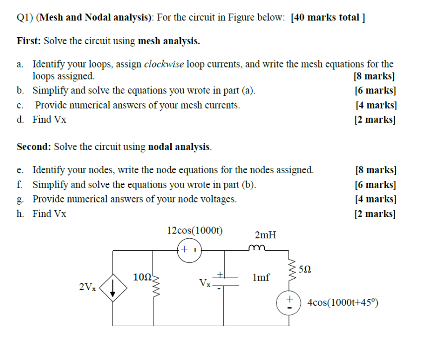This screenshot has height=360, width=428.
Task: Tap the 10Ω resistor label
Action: [x=142, y=277]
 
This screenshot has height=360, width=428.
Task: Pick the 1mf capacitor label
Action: [x=261, y=278]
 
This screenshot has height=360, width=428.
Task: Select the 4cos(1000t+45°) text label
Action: [x=343, y=302]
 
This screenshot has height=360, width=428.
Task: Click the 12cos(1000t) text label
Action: [x=195, y=230]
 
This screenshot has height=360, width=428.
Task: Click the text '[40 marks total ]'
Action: [x=329, y=18]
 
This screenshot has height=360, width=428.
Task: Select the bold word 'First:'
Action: [x=29, y=41]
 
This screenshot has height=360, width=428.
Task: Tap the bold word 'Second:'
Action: [x=34, y=147]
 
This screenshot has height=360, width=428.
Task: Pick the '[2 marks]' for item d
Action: [x=375, y=119]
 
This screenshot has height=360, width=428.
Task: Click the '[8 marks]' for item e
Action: [x=375, y=170]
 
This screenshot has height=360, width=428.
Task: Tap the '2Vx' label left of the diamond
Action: [x=88, y=287]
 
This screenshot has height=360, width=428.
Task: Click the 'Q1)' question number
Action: [x=25, y=18]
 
